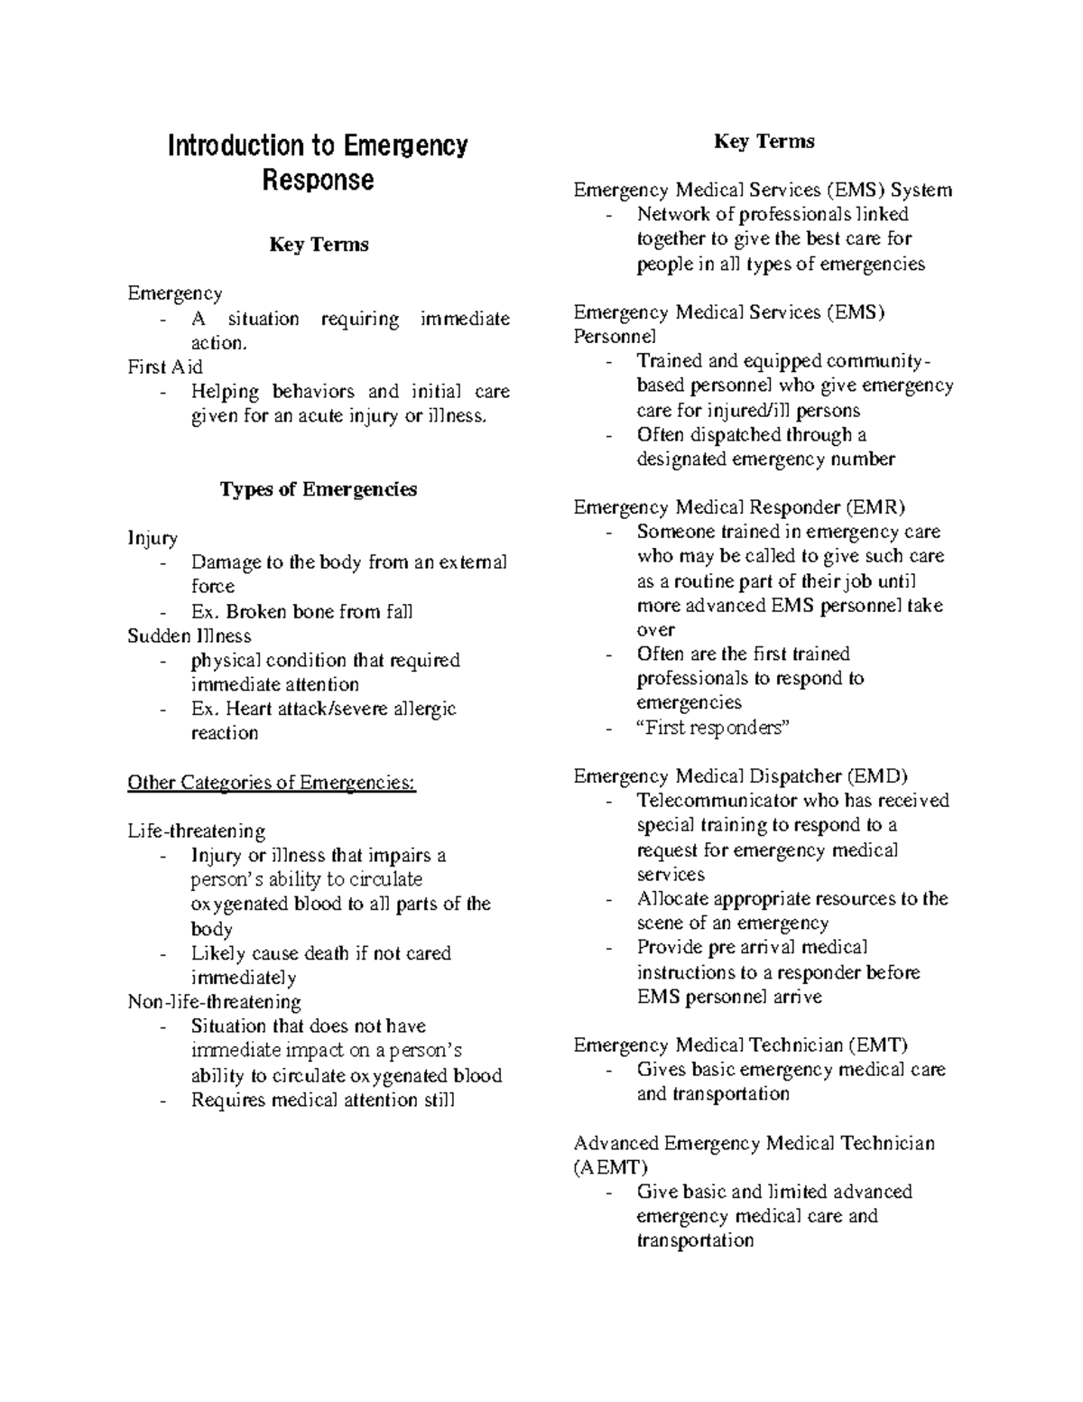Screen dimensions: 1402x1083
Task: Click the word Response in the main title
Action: click(318, 181)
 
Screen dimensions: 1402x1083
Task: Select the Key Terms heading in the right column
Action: click(764, 142)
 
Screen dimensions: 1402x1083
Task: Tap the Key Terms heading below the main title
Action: click(318, 245)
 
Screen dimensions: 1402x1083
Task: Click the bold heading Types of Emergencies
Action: click(318, 489)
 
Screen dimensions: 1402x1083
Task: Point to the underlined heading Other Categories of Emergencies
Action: click(272, 782)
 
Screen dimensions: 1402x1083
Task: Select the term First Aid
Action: click(165, 367)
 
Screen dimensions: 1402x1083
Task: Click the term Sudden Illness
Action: click(190, 636)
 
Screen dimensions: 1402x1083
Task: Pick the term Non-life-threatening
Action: click(214, 1001)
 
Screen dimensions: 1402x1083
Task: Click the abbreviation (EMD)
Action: click(877, 775)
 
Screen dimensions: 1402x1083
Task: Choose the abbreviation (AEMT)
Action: click(611, 1167)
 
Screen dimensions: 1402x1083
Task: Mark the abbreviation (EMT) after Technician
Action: click(877, 1045)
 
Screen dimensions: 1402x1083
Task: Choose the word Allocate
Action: click(672, 898)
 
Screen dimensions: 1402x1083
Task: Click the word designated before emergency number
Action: click(681, 459)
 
